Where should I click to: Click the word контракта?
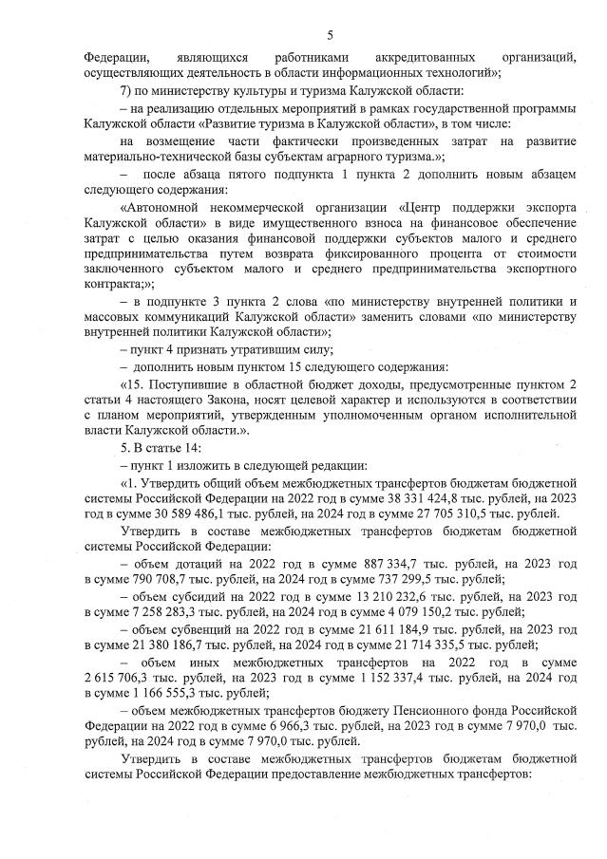coord(112,284)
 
